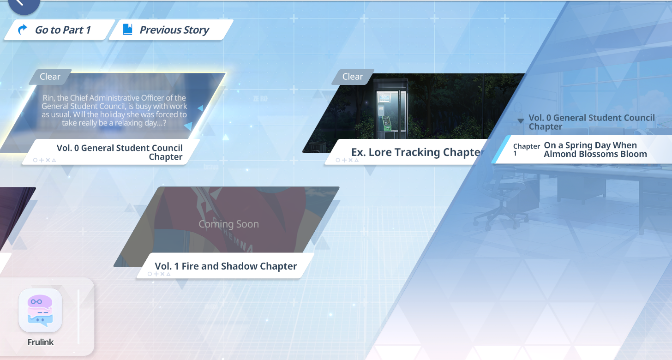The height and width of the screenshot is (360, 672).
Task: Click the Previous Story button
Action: (171, 30)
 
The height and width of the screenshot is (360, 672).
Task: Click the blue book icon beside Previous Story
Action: (127, 30)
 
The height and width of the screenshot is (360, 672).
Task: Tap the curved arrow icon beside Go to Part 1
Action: (23, 30)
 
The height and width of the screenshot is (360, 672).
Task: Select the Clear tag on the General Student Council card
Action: (50, 77)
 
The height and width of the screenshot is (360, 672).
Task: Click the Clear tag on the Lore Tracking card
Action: (353, 77)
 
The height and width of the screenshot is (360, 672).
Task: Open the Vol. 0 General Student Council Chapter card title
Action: (120, 152)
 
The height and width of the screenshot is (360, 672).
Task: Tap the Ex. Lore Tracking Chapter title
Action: (418, 152)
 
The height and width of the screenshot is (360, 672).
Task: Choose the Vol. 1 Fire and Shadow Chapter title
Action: (226, 266)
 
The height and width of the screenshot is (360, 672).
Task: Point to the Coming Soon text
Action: (228, 224)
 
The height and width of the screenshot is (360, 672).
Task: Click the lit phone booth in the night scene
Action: (390, 108)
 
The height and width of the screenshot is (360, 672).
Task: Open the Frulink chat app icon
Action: (40, 311)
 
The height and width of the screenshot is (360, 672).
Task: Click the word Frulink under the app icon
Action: (41, 342)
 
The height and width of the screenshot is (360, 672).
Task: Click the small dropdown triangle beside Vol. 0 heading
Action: (521, 120)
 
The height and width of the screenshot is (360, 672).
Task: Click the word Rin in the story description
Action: (48, 98)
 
